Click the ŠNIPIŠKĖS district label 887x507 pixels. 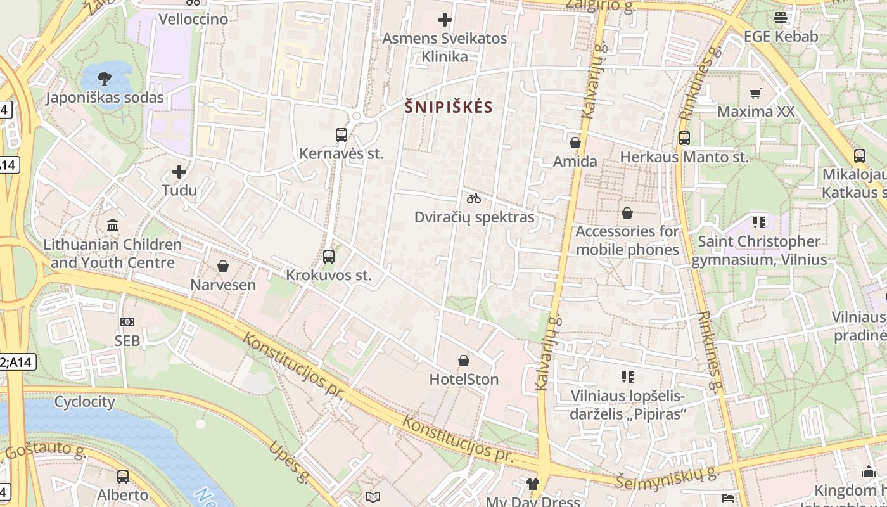pyautogui.click(x=449, y=107)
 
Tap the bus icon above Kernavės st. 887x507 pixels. pyautogui.click(x=341, y=134)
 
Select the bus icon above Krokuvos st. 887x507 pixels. pyautogui.click(x=328, y=257)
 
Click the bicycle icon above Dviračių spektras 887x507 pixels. pyautogui.click(x=474, y=198)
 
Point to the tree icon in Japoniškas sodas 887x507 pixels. pyautogui.click(x=105, y=79)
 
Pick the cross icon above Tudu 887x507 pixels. pyautogui.click(x=179, y=172)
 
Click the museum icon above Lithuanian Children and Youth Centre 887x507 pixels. pyautogui.click(x=113, y=225)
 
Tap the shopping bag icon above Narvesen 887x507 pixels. pyautogui.click(x=223, y=266)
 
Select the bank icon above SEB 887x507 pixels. pyautogui.click(x=127, y=322)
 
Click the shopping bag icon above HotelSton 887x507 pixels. pyautogui.click(x=464, y=361)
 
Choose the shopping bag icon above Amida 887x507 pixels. pyautogui.click(x=575, y=143)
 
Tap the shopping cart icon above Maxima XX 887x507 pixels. pyautogui.click(x=755, y=94)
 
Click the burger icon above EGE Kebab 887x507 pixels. pyautogui.click(x=781, y=18)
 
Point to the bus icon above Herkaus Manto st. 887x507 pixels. pyautogui.click(x=684, y=138)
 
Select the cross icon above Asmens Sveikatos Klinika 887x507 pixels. pyautogui.click(x=445, y=20)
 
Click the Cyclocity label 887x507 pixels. pyautogui.click(x=84, y=402)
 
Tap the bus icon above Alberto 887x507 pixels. pyautogui.click(x=122, y=476)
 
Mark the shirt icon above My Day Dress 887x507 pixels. pyautogui.click(x=532, y=484)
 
